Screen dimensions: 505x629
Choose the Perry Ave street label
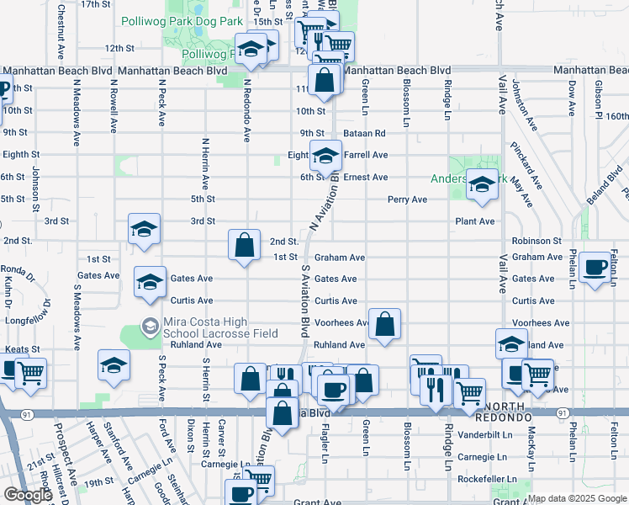click(407, 199)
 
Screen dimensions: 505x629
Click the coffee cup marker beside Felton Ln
click(596, 267)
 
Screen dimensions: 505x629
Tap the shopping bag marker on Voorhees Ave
click(384, 323)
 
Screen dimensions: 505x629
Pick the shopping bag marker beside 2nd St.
click(244, 246)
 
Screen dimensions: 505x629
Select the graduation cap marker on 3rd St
click(144, 228)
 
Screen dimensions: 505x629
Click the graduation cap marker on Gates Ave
click(150, 281)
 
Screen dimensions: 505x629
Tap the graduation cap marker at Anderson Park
click(482, 184)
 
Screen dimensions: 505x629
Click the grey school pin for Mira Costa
click(150, 325)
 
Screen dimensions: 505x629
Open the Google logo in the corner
click(28, 496)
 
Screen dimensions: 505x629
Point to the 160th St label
click(616, 116)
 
